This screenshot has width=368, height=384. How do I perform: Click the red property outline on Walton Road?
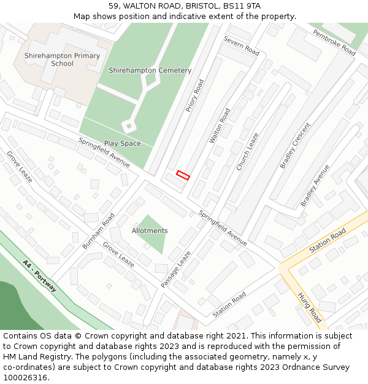(x=183, y=175)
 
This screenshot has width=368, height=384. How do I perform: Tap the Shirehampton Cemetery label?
(x=150, y=71)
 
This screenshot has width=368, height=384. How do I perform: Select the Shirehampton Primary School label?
(x=62, y=60)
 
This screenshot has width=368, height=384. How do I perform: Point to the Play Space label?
(x=122, y=144)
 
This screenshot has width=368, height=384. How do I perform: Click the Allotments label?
(x=150, y=231)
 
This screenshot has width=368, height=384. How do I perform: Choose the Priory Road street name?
(x=195, y=95)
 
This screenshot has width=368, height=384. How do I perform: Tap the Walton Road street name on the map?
(x=220, y=126)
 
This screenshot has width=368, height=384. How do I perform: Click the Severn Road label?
(x=241, y=45)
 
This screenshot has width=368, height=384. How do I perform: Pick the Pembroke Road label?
(x=334, y=42)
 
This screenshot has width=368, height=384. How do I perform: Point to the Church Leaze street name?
(x=247, y=151)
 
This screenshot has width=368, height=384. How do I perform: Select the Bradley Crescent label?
(x=295, y=146)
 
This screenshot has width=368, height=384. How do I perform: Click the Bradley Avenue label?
(x=315, y=185)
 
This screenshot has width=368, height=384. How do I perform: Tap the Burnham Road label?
(x=99, y=231)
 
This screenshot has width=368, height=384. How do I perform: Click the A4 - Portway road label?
(x=40, y=276)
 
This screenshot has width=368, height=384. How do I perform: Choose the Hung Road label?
(x=309, y=307)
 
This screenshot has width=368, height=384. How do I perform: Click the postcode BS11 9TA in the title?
(x=243, y=6)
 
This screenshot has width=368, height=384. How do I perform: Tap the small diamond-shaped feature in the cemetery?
(x=129, y=126)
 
